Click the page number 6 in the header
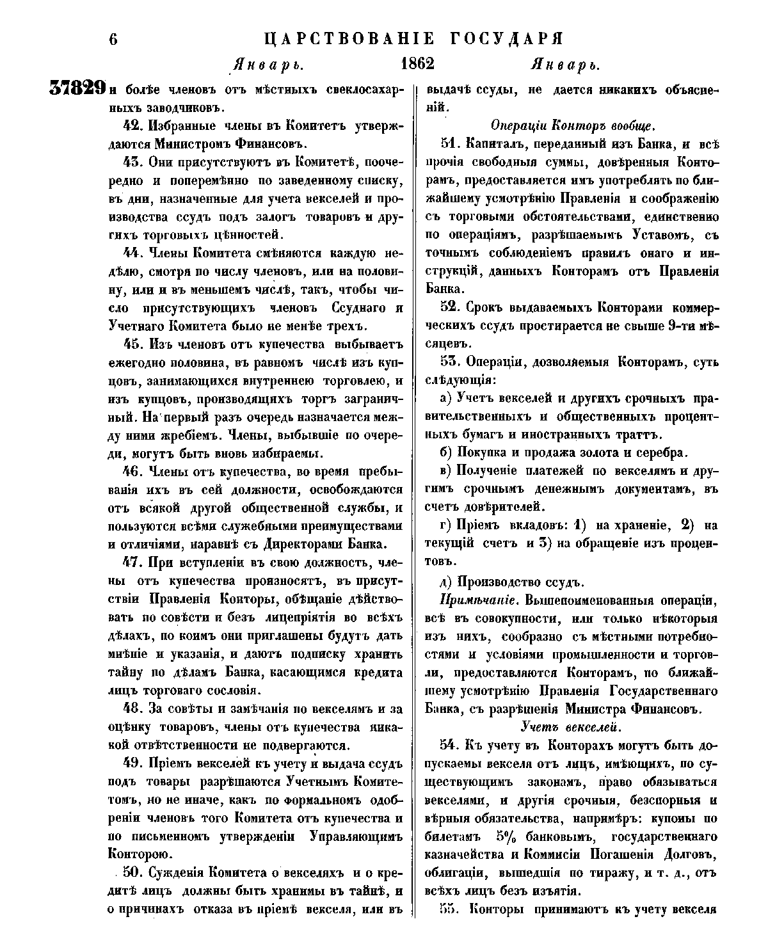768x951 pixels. coord(113,38)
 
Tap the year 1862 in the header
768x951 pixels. coord(417,64)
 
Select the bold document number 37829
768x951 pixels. coord(77,89)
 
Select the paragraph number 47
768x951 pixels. coord(132,563)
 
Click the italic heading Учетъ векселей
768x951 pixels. coord(572,726)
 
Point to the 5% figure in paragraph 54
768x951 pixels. coord(508,836)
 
